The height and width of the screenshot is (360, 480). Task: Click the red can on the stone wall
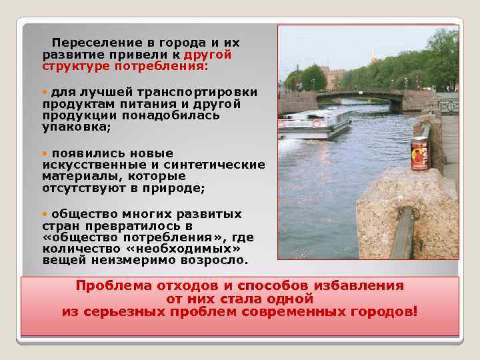click(419, 153)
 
